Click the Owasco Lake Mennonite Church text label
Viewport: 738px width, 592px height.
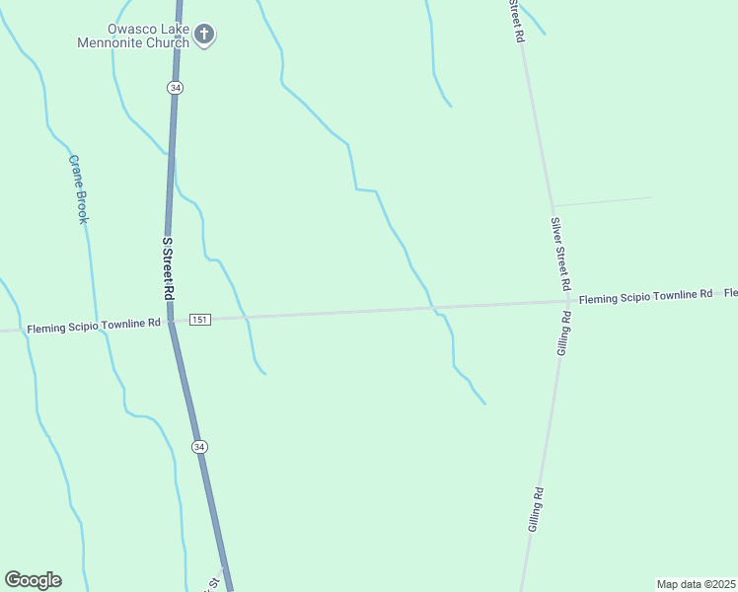tap(135, 36)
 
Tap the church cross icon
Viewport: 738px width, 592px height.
tap(205, 36)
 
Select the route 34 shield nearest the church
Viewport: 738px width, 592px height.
tap(175, 88)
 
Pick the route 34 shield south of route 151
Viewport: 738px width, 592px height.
tap(200, 447)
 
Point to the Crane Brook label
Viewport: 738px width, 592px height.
tap(78, 188)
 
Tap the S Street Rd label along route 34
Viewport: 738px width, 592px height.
tap(168, 268)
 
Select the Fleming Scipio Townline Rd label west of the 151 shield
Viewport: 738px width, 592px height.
tap(94, 325)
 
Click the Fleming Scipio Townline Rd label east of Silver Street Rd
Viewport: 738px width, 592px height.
tap(645, 296)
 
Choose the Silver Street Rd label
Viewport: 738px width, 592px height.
tap(561, 254)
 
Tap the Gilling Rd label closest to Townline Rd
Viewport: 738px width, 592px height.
tap(564, 333)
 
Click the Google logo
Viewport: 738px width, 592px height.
tap(33, 580)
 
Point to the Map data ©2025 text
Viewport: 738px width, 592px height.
tap(696, 584)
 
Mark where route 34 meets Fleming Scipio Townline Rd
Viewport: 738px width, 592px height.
tap(171, 320)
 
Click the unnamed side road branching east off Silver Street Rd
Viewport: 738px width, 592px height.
tap(602, 201)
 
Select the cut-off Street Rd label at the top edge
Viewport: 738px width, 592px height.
tap(515, 20)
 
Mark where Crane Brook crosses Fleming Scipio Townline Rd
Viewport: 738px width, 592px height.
tap(96, 324)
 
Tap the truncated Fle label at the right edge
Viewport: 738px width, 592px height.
tap(730, 293)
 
